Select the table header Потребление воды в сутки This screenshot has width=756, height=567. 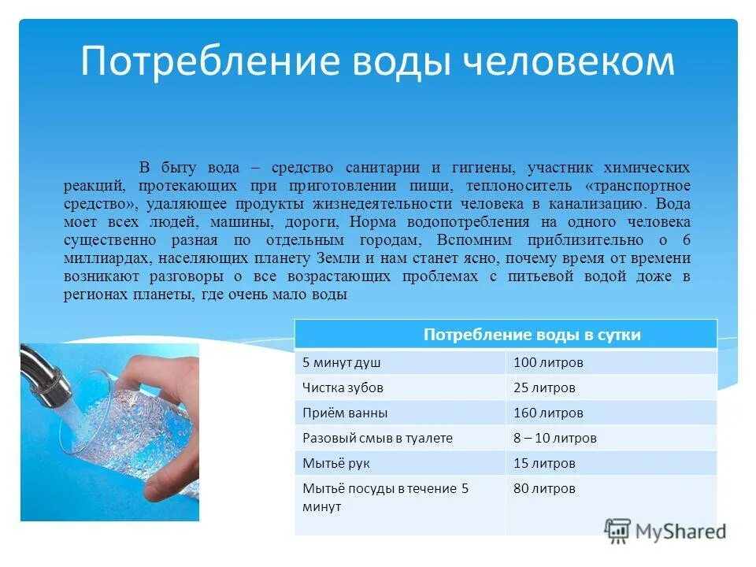532,335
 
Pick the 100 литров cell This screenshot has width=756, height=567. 548,362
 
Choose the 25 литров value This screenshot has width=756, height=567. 544,387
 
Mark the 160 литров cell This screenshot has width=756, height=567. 548,413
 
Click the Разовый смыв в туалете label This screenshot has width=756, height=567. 378,438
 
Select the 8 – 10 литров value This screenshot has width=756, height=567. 555,438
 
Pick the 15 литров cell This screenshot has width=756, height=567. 544,463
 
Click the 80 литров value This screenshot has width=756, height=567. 544,488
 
